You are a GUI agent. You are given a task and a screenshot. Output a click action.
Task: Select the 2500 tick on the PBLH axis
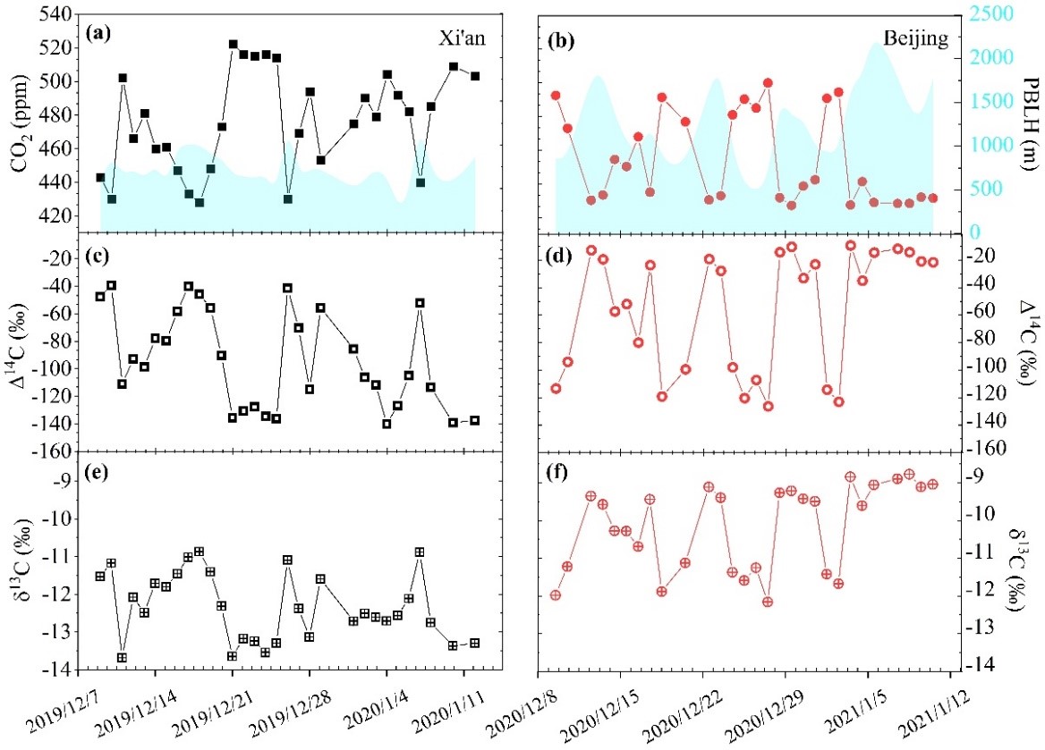pyautogui.click(x=984, y=14)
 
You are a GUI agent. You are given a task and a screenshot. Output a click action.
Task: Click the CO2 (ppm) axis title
pyautogui.click(x=16, y=121)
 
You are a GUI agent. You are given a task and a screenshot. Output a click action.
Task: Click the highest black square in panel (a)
pyautogui.click(x=233, y=44)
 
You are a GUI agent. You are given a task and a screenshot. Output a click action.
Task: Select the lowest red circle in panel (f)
pyautogui.click(x=767, y=602)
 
